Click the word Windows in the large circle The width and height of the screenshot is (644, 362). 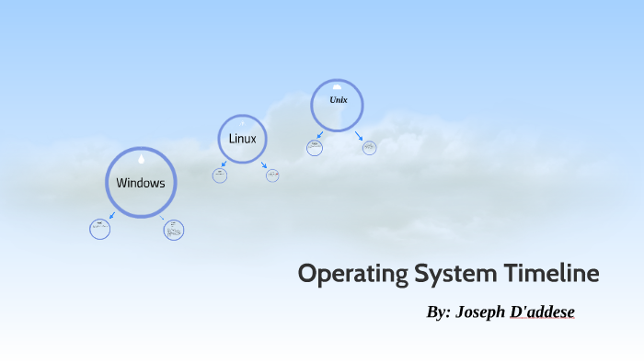tap(141, 183)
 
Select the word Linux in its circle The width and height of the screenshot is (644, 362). tap(243, 139)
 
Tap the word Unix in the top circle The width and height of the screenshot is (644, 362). tap(338, 99)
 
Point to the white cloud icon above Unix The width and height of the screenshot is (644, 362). tap(338, 87)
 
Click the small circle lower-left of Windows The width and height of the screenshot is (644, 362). tap(100, 229)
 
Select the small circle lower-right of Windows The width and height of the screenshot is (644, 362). tap(174, 230)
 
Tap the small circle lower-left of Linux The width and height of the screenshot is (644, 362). tap(220, 175)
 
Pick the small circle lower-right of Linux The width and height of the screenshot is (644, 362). tap(272, 175)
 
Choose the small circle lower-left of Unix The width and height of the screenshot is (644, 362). tap(315, 148)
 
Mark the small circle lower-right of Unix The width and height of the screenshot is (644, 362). tap(369, 148)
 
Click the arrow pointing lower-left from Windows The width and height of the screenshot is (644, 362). tap(111, 217)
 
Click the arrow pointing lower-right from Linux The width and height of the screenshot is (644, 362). tap(264, 165)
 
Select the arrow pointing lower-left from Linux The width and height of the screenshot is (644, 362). tap(224, 165)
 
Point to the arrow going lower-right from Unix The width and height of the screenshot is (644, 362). tap(359, 136)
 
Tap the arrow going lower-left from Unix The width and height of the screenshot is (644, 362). tap(320, 136)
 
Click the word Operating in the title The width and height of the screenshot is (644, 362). tap(352, 275)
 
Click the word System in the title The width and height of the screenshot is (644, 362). tap(457, 275)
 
